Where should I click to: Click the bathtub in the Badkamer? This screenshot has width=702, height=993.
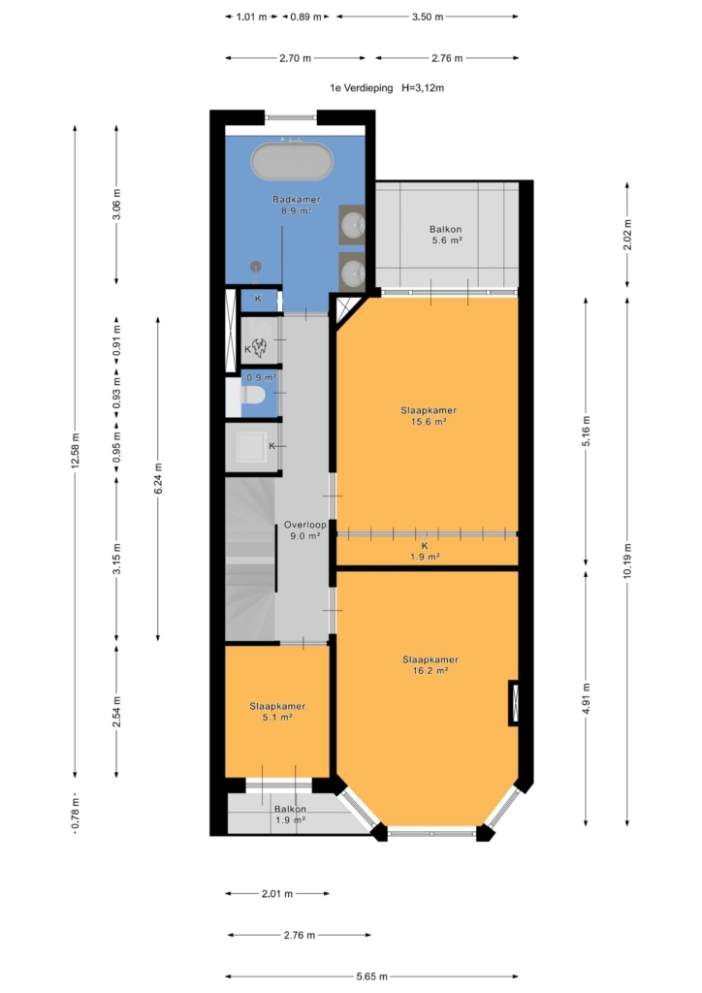[x=292, y=162]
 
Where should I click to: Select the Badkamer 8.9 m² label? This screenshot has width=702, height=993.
[x=297, y=205]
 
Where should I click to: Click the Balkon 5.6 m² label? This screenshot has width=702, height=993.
[x=446, y=235]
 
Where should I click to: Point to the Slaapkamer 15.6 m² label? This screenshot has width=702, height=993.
[x=429, y=415]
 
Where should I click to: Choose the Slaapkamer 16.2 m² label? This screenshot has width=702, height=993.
[x=431, y=665]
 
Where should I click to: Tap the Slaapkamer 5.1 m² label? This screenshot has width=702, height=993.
[x=277, y=712]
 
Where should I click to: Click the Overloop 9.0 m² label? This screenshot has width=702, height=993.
[x=305, y=530]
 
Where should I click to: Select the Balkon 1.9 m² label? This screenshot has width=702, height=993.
[x=291, y=815]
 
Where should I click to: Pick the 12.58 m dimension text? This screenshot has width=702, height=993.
[x=76, y=451]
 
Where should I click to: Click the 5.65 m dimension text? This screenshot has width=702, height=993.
[x=371, y=977]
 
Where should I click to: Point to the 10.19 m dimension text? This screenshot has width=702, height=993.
[x=627, y=561]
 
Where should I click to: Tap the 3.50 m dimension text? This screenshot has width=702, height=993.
[x=428, y=17]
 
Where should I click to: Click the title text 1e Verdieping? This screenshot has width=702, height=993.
[x=362, y=88]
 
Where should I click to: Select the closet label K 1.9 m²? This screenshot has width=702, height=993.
[x=425, y=552]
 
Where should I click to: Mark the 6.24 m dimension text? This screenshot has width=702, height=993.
[x=158, y=479]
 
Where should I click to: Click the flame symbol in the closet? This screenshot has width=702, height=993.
[x=260, y=347]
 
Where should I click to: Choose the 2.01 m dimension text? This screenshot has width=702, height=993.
[x=277, y=894]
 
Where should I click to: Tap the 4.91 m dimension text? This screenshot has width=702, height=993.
[x=586, y=698]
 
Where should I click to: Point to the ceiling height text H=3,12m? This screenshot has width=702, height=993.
[x=423, y=88]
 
